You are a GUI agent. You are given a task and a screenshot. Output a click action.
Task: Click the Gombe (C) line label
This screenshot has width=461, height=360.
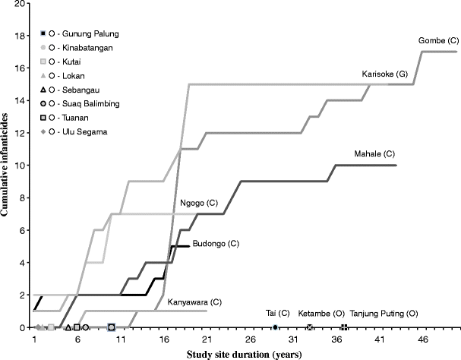tap(439, 40)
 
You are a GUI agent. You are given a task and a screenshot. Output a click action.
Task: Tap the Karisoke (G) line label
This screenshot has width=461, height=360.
tap(384, 74)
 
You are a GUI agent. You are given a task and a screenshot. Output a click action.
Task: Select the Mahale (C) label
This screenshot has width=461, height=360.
tap(374, 154)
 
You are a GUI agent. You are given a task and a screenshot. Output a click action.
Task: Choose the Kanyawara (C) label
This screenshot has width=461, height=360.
tap(194, 302)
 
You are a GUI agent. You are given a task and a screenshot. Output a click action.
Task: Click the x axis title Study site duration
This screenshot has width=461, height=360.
tap(245, 354)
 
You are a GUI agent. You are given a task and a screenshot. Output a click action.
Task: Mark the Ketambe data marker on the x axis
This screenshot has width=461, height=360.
tap(309, 327)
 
